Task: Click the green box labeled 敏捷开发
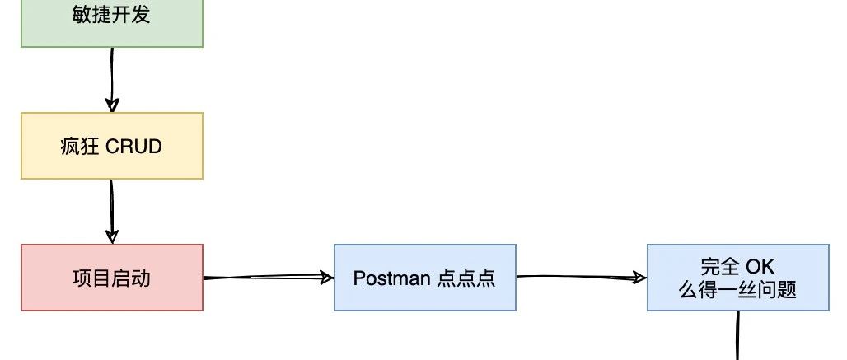click(112, 23)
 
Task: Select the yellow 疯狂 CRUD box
click(112, 146)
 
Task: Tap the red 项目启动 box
click(112, 278)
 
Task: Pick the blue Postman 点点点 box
click(424, 278)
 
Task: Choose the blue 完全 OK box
click(738, 278)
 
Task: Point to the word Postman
click(391, 278)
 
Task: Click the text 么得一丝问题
click(738, 290)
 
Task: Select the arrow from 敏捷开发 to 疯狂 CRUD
click(112, 80)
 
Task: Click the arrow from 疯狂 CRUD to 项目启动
click(112, 212)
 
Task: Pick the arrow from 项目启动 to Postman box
click(268, 278)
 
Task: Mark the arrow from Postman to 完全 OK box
click(581, 278)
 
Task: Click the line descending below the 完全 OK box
click(738, 336)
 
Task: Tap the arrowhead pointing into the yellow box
click(112, 105)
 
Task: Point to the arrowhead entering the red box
click(112, 236)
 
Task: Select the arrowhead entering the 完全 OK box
click(640, 278)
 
